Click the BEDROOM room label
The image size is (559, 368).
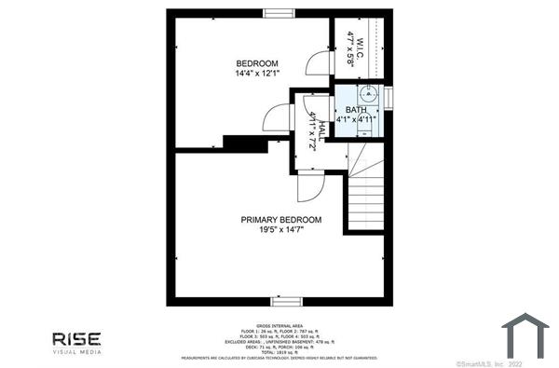point(257,62)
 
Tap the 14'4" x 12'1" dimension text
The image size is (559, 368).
point(257,74)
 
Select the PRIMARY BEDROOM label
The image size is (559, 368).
point(281,220)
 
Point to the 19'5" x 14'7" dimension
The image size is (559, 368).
point(281,230)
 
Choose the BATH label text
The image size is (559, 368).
point(356,110)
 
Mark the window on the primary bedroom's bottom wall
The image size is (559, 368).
point(284,301)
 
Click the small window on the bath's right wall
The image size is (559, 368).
point(389,97)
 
